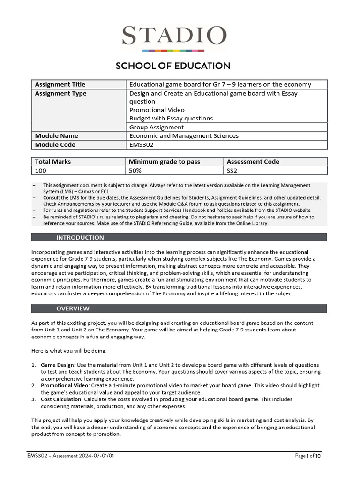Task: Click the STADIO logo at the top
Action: pyautogui.click(x=174, y=37)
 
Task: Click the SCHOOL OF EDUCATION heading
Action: pyautogui.click(x=173, y=66)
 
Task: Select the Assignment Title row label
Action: pyautogui.click(x=60, y=84)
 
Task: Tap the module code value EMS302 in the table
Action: pyautogui.click(x=141, y=145)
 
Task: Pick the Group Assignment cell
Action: pyautogui.click(x=157, y=127)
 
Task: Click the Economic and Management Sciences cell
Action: pyautogui.click(x=184, y=136)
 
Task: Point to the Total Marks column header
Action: pyautogui.click(x=53, y=162)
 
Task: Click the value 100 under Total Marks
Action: pyautogui.click(x=41, y=171)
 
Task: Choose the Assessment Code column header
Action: pyautogui.click(x=253, y=162)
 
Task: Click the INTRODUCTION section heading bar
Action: pyautogui.click(x=179, y=238)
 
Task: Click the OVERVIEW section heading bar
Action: pyautogui.click(x=179, y=308)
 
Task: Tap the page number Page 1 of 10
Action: pyautogui.click(x=308, y=456)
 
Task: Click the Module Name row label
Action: pyautogui.click(x=56, y=136)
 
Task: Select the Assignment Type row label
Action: pyautogui.click(x=60, y=93)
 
